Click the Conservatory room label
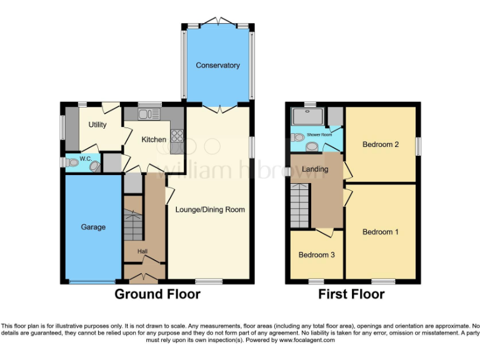click(x=217, y=66)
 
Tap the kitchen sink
click(x=146, y=114)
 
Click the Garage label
click(x=92, y=227)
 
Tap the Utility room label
click(x=97, y=125)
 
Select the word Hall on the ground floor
click(x=142, y=251)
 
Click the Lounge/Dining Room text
click(x=210, y=209)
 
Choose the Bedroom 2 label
click(x=381, y=144)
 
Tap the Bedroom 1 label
click(x=381, y=232)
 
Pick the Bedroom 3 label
click(x=316, y=255)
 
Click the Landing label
click(x=315, y=169)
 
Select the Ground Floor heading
click(x=157, y=294)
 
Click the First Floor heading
click(x=352, y=294)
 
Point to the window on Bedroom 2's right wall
click(x=418, y=144)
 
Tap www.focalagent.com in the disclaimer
click(x=308, y=341)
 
